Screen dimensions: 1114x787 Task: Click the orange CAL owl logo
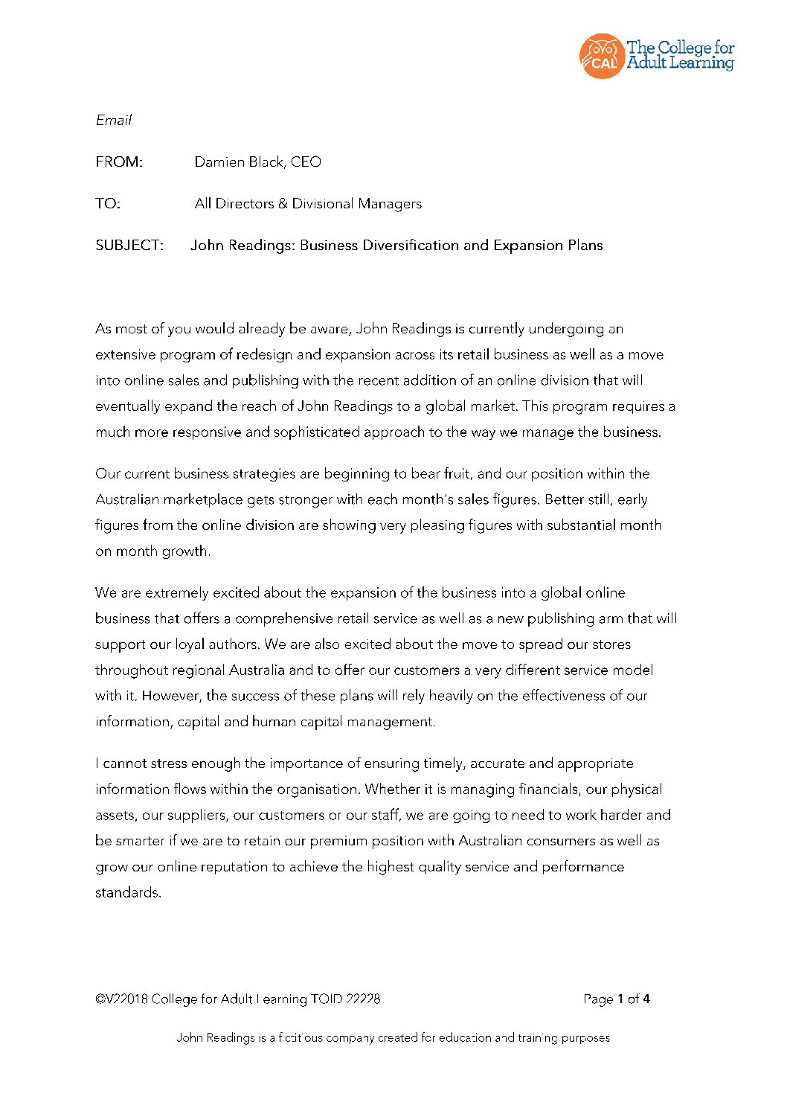(x=601, y=56)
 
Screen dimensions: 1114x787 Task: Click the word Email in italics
(x=113, y=120)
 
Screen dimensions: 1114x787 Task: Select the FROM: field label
(x=119, y=162)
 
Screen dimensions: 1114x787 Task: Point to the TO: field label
(x=108, y=204)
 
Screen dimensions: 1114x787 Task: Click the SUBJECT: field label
(x=129, y=246)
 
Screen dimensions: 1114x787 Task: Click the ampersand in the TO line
(x=283, y=204)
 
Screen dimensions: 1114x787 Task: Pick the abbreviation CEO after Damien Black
(x=306, y=162)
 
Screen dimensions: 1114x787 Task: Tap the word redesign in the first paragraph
(x=265, y=355)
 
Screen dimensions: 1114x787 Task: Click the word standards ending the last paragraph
(x=127, y=893)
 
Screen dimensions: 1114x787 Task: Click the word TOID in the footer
(x=327, y=999)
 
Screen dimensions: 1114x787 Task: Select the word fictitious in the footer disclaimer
(x=301, y=1038)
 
